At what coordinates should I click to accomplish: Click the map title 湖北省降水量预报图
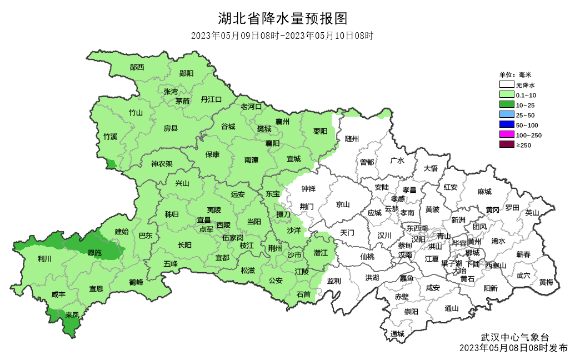click(x=283, y=19)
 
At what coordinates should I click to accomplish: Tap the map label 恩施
click(x=95, y=253)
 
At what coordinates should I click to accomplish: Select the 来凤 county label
click(x=72, y=315)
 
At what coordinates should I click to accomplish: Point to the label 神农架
click(x=162, y=164)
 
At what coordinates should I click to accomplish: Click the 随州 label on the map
click(x=352, y=139)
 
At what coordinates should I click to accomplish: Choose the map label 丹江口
click(x=211, y=99)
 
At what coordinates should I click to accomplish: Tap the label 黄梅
click(x=546, y=282)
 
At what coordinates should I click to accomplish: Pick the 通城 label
click(x=397, y=334)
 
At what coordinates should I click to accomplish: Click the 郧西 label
click(x=137, y=68)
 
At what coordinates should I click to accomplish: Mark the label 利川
click(x=44, y=259)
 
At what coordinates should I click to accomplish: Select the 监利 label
click(x=334, y=281)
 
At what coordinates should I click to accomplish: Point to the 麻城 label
click(x=484, y=192)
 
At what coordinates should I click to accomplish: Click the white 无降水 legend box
click(x=506, y=86)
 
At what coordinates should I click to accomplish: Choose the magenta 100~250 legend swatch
click(x=506, y=135)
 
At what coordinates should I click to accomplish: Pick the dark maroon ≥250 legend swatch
click(x=506, y=145)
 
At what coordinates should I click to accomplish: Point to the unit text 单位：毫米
click(x=515, y=75)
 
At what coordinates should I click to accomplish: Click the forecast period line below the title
click(x=282, y=36)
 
